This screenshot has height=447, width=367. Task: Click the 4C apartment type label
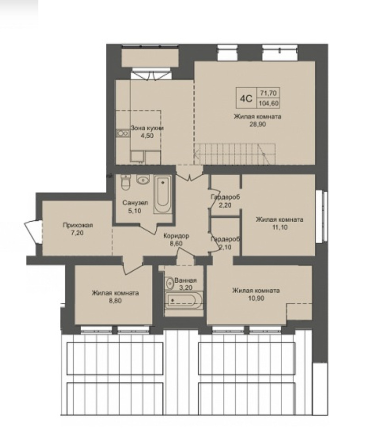tap(246, 99)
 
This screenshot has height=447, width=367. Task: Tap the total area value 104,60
tap(268, 103)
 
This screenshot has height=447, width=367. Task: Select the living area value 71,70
tap(268, 93)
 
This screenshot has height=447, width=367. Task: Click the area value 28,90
tap(257, 124)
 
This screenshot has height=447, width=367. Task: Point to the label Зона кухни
tap(147, 128)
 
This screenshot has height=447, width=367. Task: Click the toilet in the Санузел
tap(125, 182)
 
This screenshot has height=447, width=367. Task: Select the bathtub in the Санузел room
tap(162, 195)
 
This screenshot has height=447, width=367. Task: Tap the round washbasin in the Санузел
tap(143, 179)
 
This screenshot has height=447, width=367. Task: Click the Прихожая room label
tap(78, 225)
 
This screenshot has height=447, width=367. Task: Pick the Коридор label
tap(176, 236)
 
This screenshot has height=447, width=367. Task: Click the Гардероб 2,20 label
tap(225, 201)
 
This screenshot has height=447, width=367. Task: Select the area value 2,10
tap(225, 247)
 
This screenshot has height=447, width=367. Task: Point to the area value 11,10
tap(279, 227)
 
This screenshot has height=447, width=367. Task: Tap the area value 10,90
tap(256, 298)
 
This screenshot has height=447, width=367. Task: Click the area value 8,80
tap(115, 301)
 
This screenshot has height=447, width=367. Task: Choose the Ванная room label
tap(185, 280)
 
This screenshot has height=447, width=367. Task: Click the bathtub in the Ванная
tap(184, 300)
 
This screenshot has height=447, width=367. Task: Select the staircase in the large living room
tap(235, 154)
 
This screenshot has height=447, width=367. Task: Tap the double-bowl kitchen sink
tap(123, 133)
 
